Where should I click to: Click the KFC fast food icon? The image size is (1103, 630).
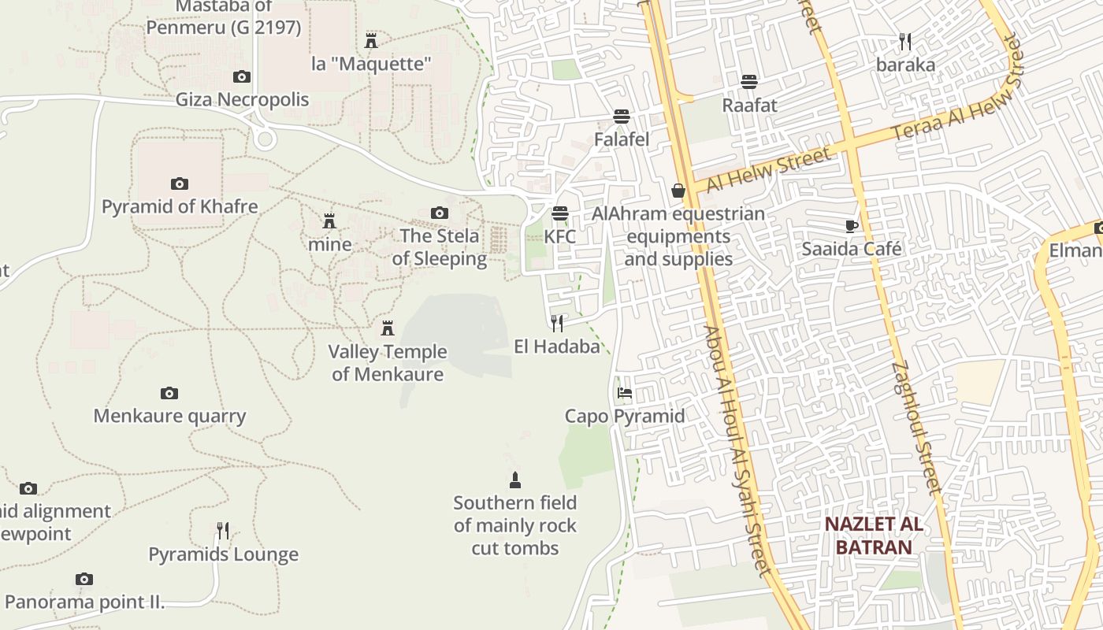click(560, 213)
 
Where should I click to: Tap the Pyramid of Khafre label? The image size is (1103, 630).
click(180, 207)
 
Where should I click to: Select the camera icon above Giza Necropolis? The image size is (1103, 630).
click(242, 76)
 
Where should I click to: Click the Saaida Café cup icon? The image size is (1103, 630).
click(851, 226)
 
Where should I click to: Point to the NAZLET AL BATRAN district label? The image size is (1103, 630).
click(873, 535)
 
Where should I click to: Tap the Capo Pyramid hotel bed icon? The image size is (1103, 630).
click(625, 392)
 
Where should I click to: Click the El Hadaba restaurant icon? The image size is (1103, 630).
click(557, 323)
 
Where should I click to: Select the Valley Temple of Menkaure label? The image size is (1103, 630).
click(388, 363)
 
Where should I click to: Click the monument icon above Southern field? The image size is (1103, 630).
click(515, 480)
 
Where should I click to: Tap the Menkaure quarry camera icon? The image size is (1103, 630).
click(169, 393)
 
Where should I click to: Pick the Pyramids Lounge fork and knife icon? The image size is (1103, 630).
click(223, 531)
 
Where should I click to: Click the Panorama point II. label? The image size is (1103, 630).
click(85, 603)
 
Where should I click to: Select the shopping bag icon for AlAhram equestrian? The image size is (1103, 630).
click(678, 191)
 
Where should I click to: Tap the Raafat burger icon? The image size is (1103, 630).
click(749, 82)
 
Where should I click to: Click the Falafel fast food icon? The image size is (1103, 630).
click(622, 117)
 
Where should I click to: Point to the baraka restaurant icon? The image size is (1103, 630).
click(905, 42)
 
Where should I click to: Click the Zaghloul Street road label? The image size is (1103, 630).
click(917, 427)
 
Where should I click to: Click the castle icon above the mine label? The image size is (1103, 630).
click(329, 221)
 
